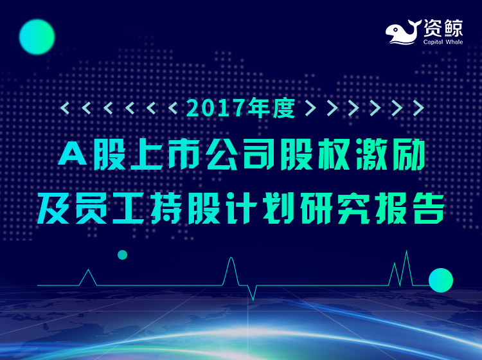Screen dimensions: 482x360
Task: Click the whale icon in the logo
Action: pos(404,32)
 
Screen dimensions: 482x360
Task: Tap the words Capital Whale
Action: pos(443,42)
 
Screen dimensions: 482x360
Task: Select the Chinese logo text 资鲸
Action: pos(443,28)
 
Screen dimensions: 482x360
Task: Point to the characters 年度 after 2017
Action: pos(271,107)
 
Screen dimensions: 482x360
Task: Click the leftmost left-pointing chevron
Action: pos(65,108)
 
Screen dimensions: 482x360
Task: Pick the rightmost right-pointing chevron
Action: pos(418,108)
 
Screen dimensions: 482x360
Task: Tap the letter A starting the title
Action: pos(73,155)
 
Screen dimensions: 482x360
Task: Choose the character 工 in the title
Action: pos(128,208)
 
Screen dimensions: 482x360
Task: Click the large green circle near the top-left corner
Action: pos(37,37)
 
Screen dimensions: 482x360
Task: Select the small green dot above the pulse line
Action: pos(122,255)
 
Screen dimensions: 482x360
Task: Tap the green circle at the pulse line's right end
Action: pos(441,280)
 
